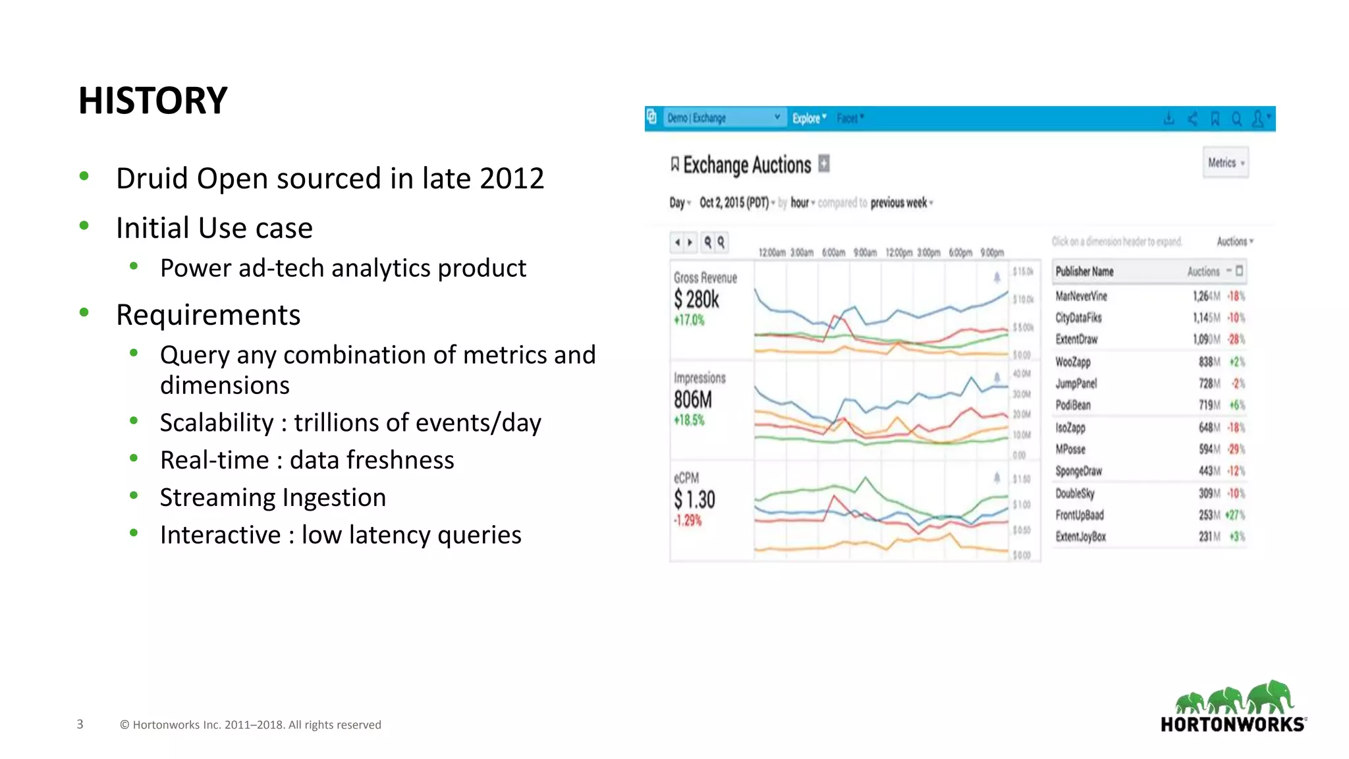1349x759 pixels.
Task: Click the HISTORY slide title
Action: pos(153,101)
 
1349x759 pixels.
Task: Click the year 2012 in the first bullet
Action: pos(511,179)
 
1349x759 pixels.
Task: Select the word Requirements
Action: pos(208,315)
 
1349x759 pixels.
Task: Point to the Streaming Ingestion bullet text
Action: pos(273,497)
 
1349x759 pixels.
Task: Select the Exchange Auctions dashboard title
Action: pos(747,165)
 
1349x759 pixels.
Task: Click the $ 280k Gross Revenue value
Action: pos(696,300)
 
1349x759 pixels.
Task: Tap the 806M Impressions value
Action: pos(693,400)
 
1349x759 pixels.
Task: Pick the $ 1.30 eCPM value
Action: pos(694,499)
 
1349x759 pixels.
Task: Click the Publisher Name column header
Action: pos(1084,271)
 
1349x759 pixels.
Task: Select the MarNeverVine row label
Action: pos(1081,296)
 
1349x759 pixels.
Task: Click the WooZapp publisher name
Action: pos(1073,362)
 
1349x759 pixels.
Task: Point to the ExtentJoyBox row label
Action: pos(1080,537)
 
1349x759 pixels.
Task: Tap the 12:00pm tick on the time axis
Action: pos(898,253)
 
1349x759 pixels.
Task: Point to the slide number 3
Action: pos(80,725)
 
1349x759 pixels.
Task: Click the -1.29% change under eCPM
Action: pos(688,520)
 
